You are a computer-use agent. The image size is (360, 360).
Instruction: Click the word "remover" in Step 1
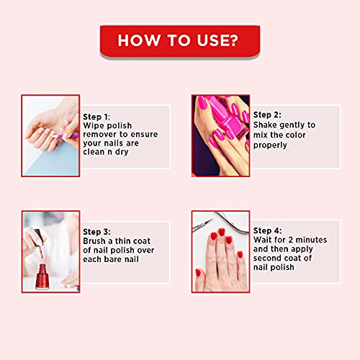(x=104, y=135)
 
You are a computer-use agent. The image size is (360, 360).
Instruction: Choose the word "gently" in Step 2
(x=298, y=125)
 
